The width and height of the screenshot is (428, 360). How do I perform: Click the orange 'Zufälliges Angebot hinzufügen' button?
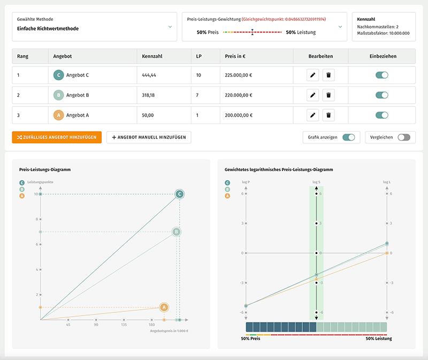pyautogui.click(x=57, y=137)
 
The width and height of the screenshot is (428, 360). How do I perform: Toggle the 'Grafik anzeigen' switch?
pyautogui.click(x=348, y=137)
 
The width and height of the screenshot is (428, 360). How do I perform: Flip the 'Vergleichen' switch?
pyautogui.click(x=404, y=137)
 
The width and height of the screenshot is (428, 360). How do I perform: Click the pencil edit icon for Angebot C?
pyautogui.click(x=313, y=75)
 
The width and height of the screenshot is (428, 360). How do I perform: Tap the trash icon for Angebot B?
pyautogui.click(x=328, y=95)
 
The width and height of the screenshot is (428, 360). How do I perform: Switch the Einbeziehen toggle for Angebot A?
pyautogui.click(x=381, y=115)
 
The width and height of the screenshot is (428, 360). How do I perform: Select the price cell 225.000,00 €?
pyautogui.click(x=239, y=75)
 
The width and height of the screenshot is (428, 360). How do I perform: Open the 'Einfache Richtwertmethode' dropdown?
pyautogui.click(x=94, y=27)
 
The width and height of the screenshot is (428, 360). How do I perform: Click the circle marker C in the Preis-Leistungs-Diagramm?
pyautogui.click(x=180, y=194)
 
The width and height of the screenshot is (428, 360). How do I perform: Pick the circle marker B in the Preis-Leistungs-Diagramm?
pyautogui.click(x=176, y=232)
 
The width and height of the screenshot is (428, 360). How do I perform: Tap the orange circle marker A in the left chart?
pyautogui.click(x=164, y=307)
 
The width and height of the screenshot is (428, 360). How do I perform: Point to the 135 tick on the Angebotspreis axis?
pyautogui.click(x=124, y=324)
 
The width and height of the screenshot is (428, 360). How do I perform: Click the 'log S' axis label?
pyautogui.click(x=316, y=182)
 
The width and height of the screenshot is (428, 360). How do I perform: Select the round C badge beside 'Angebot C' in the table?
pyautogui.click(x=59, y=75)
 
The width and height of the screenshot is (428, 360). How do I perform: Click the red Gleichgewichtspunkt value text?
pyautogui.click(x=284, y=19)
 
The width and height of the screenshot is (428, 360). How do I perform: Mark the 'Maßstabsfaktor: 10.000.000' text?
pyautogui.click(x=383, y=33)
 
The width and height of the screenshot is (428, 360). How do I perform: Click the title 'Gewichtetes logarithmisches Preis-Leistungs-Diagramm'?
pyautogui.click(x=279, y=170)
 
